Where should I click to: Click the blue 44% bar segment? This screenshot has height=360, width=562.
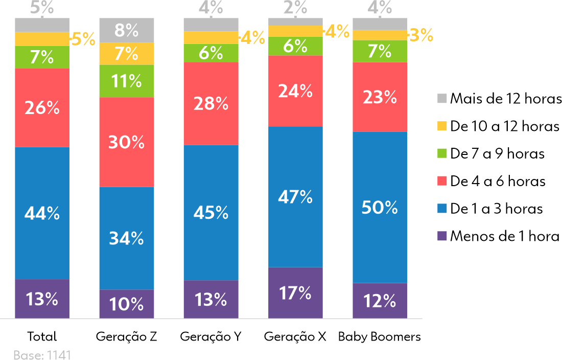coord(42,213)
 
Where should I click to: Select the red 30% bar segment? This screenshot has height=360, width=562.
coord(126,142)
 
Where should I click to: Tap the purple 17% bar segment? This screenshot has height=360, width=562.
coord(295,293)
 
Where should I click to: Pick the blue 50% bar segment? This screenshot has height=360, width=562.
coord(380,208)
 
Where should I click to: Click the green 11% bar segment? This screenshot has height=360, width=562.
coord(126,81)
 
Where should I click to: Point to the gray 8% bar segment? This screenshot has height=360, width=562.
coord(126,31)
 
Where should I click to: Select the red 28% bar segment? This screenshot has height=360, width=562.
coord(211,104)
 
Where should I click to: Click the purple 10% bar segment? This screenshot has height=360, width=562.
coord(126,304)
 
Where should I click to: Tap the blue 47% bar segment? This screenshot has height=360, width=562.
coord(295,197)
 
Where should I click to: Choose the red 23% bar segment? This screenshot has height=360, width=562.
coord(380,97)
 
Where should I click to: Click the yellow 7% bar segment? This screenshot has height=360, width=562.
coord(126,54)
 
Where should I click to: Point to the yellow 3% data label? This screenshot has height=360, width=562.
coord(421,36)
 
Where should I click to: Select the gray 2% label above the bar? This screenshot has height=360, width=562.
coord(295,8)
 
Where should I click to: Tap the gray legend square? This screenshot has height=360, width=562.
coord(442,99)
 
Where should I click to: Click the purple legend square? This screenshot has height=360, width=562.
coord(442,236)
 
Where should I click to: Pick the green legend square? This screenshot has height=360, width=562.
coord(442,153)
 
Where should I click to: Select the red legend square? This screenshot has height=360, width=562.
coord(442,181)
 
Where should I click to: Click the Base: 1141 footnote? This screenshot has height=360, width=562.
coord(42,355)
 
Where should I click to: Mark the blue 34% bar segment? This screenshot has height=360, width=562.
coord(126,238)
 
